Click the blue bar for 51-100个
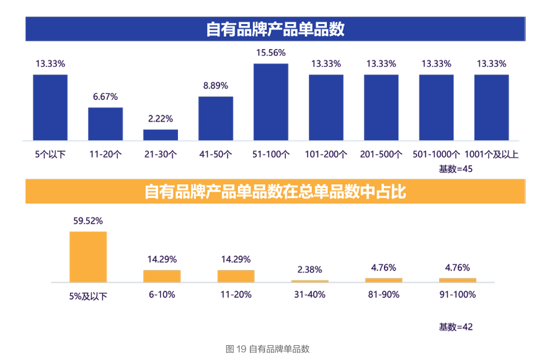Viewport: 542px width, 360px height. tap(271, 102)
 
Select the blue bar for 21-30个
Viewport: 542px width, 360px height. tap(161, 135)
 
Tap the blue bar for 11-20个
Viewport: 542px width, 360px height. tap(105, 124)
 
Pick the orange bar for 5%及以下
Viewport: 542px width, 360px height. tap(88, 257)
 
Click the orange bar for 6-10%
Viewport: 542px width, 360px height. tap(162, 276)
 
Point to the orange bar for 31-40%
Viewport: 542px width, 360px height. tap(309, 281)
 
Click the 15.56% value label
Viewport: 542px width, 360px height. tap(271, 53)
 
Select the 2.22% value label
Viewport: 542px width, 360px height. tap(161, 119)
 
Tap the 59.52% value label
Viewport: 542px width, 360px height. tap(88, 220)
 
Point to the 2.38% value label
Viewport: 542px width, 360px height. tap(309, 269)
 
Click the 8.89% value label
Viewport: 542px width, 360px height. tap(216, 86)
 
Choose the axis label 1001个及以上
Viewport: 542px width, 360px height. tap(491, 155)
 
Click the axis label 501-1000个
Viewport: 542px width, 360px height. tap(436, 155)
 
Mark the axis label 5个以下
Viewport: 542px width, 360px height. tap(50, 155)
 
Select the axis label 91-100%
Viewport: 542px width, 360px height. tap(458, 295)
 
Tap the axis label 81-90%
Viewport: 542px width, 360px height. tap(384, 295)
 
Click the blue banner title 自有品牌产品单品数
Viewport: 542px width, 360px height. tap(275, 29)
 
